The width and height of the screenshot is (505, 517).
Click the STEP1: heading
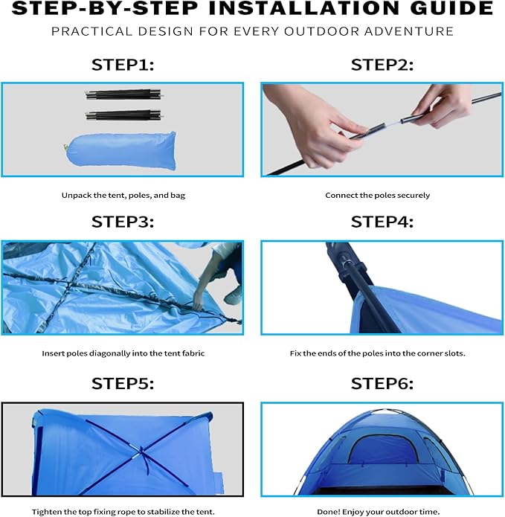tap(122, 65)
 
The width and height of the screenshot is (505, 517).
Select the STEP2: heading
tap(382, 65)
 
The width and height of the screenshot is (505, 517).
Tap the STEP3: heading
tap(122, 222)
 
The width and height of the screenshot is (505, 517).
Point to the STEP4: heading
tap(382, 222)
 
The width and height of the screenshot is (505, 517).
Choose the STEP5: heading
tap(122, 383)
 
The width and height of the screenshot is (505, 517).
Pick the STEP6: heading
tap(382, 383)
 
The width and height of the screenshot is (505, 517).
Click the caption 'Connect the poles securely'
tap(377, 196)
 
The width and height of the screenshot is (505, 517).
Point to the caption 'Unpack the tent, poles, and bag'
tap(123, 196)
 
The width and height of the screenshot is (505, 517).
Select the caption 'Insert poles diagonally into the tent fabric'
tap(123, 353)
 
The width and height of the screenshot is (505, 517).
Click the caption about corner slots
tap(377, 353)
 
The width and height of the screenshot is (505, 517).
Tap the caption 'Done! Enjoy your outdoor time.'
tap(377, 512)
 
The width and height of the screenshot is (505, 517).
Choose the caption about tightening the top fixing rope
tap(123, 512)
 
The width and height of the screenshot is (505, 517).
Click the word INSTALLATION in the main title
tap(311, 9)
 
